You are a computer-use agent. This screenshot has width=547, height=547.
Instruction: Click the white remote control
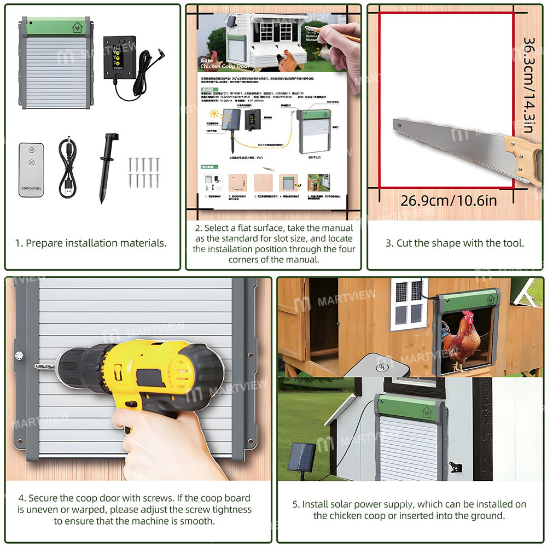[x=32, y=170]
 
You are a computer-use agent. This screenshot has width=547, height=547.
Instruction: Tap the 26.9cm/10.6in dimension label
[x=449, y=200]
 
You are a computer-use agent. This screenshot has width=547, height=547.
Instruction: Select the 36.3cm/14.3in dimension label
[x=528, y=85]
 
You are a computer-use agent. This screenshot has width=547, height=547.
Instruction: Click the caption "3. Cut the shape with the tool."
[x=455, y=243]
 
